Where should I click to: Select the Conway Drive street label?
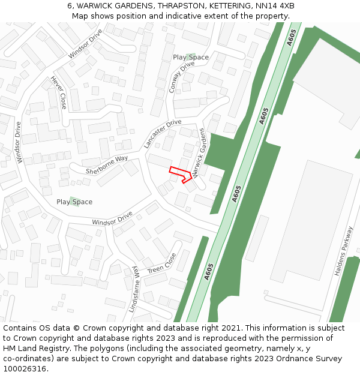(x=182, y=77)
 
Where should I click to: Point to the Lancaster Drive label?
(x=163, y=134)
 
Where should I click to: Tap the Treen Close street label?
(x=162, y=262)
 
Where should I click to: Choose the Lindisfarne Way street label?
(x=134, y=289)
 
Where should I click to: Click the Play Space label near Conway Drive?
(x=191, y=58)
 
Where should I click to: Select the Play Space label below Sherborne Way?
(x=74, y=202)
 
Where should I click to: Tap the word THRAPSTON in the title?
(x=181, y=6)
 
